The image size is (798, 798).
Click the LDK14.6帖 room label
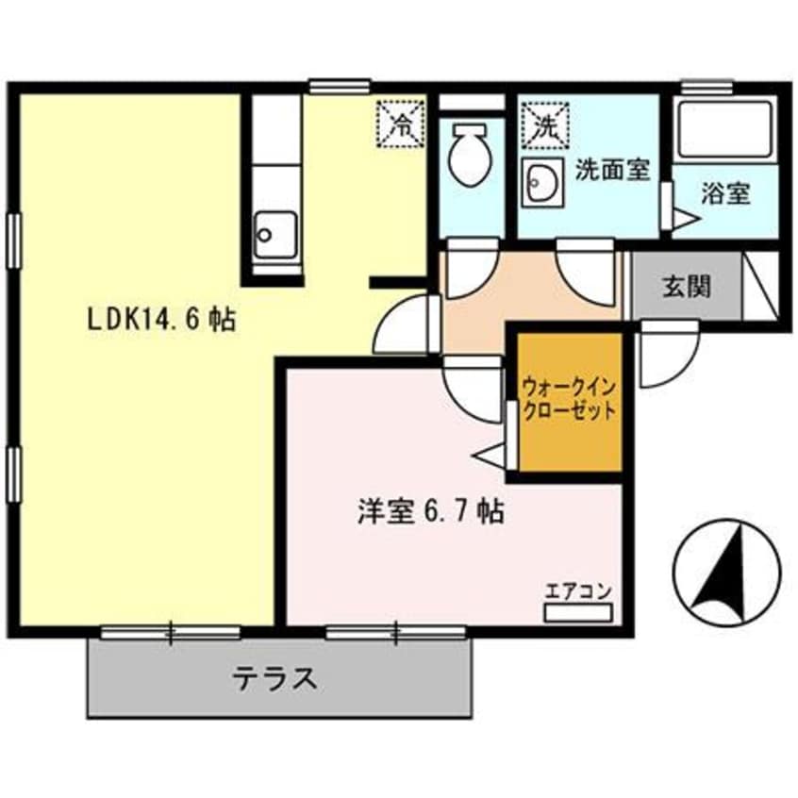point(161,320)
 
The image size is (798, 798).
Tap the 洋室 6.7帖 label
point(429,512)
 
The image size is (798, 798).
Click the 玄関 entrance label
point(686,288)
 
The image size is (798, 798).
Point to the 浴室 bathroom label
point(726,194)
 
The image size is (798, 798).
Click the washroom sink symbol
point(541,182)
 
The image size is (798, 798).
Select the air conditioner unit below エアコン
point(578,611)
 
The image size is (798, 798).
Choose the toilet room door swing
point(469,269)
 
